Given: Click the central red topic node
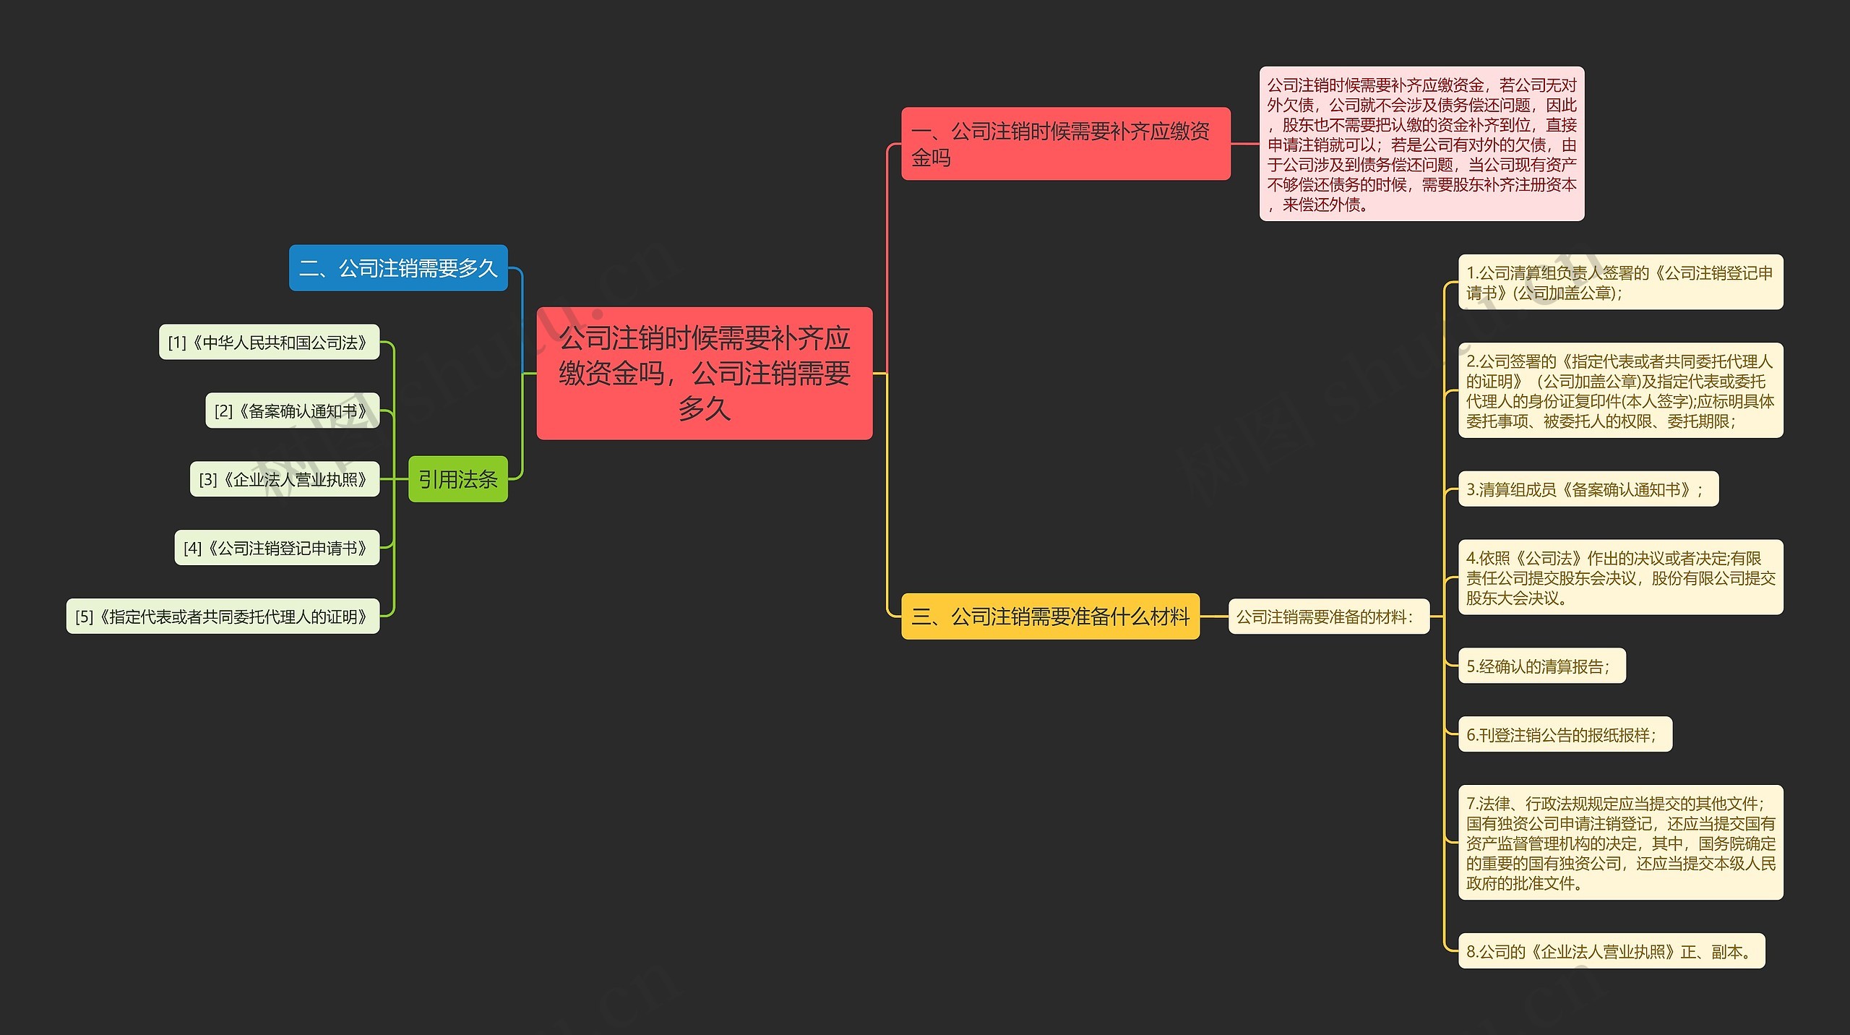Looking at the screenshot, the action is pos(704,373).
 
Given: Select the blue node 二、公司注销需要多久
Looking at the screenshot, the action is pos(398,268).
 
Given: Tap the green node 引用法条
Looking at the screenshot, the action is pos(457,479).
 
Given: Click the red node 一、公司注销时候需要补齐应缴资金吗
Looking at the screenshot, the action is pos(1065,144).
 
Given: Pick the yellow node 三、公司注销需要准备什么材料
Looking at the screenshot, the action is pos(1050,617).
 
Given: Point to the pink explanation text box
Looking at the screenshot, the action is pos(1421,145).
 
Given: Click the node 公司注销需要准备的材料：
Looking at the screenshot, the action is pos(1328,617).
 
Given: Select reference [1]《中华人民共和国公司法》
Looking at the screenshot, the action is pos(269,342).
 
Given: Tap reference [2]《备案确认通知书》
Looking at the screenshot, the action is pos(292,411).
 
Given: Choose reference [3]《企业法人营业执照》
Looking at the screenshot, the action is pos(284,479).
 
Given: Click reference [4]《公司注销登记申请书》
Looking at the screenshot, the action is pos(277,548).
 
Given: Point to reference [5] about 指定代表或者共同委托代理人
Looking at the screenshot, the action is pos(223,617).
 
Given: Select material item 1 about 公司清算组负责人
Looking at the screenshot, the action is pos(1620,283).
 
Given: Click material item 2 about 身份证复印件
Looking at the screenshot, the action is pos(1620,390).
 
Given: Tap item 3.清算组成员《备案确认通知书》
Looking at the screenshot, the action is pos(1588,489).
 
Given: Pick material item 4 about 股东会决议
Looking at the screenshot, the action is pos(1620,577).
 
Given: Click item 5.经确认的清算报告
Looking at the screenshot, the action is pos(1541,666).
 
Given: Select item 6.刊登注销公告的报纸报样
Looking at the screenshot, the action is pos(1565,734).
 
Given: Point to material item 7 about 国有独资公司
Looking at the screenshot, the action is pos(1620,843).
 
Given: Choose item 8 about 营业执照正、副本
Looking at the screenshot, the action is pos(1611,951).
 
